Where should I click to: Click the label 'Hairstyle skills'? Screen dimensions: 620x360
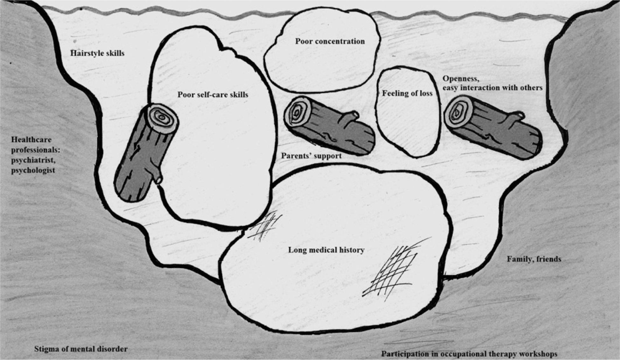coord(97,53)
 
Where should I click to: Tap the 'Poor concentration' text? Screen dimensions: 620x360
coord(330,41)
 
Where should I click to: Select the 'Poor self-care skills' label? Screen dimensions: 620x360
coord(213,95)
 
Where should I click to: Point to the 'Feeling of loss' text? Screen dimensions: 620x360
coord(407,93)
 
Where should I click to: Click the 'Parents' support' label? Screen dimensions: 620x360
coord(311,156)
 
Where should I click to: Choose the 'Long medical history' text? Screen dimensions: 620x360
coord(326,250)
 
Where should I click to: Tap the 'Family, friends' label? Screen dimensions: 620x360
coord(534,259)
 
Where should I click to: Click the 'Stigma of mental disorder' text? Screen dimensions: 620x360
coord(81,349)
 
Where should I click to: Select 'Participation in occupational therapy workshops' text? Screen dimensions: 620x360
coord(469,354)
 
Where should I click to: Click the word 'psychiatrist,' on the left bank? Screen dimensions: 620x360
coord(33,160)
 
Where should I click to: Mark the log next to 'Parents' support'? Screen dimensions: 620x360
coord(329,126)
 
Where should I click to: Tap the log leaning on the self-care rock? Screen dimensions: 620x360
coord(146,153)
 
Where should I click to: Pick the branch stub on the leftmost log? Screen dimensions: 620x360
coord(157,178)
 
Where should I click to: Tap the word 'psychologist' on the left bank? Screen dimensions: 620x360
coord(33,170)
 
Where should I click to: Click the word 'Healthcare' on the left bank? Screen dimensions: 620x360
coord(31,139)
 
